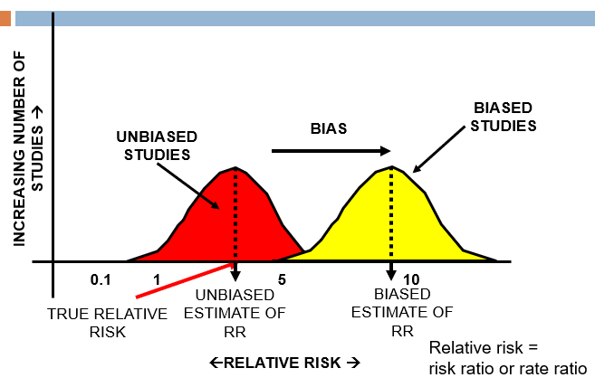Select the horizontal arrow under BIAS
click(331, 150)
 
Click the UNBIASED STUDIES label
click(158, 146)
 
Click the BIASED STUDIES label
click(504, 117)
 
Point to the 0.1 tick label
click(100, 279)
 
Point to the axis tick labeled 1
click(157, 279)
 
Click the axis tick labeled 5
click(282, 279)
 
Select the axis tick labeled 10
click(411, 279)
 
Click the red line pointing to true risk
click(181, 280)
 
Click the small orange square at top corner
click(5, 17)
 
